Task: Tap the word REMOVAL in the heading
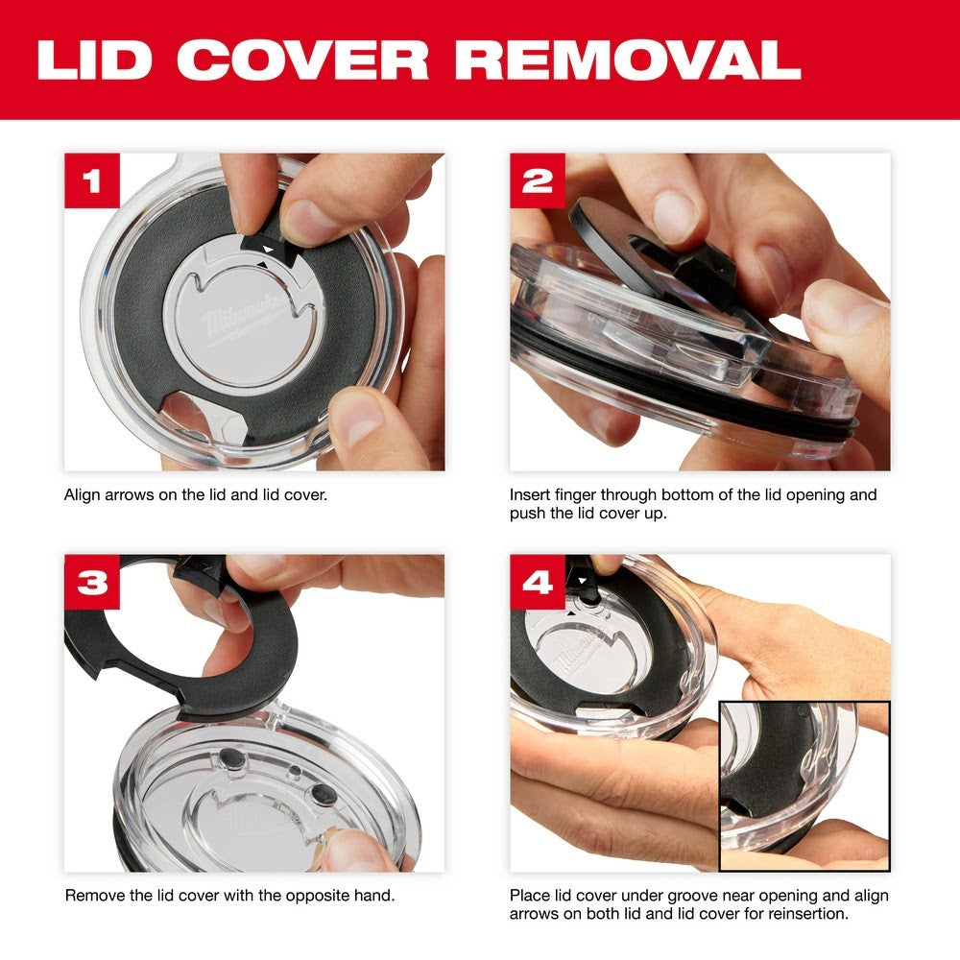(x=628, y=60)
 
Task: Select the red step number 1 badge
(x=92, y=181)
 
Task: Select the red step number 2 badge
(x=538, y=181)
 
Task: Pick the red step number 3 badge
(x=92, y=582)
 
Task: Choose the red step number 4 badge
(x=538, y=582)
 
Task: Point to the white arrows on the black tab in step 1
(x=268, y=247)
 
